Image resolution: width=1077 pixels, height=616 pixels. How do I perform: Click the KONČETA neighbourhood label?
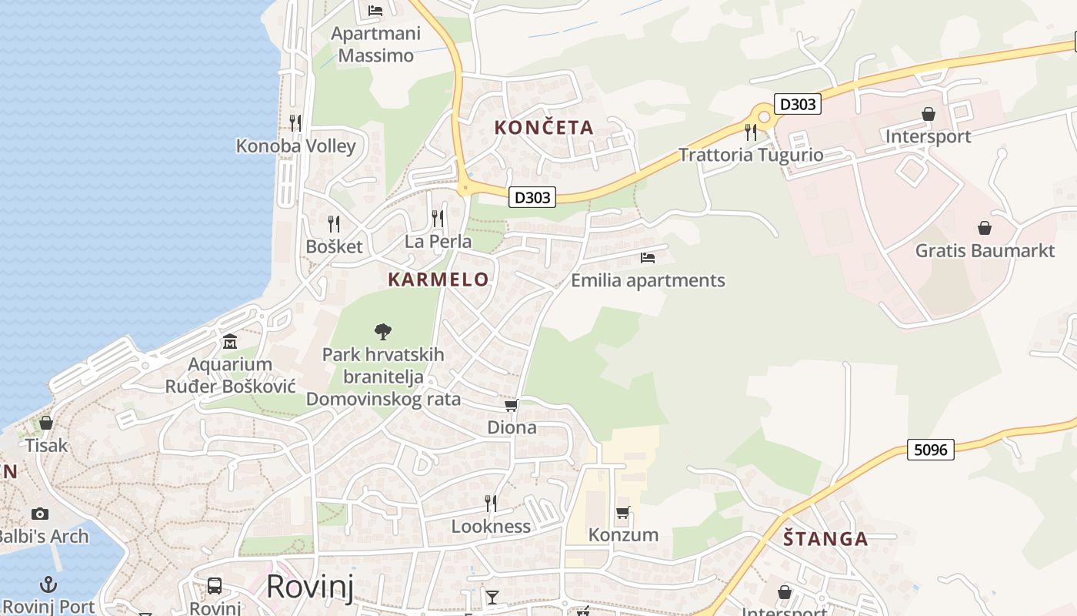click(544, 128)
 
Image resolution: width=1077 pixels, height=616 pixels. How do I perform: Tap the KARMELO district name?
click(438, 280)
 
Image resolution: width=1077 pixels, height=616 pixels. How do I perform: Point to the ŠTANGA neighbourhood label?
click(825, 539)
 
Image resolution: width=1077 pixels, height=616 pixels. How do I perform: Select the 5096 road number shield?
click(931, 449)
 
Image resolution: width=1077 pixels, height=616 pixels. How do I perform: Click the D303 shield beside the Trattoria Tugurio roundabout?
click(797, 104)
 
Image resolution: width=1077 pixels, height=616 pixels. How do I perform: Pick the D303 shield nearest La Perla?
click(532, 197)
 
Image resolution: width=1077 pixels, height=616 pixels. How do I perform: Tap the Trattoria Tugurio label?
click(751, 155)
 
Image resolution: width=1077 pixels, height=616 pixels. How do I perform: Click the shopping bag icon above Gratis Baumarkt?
click(984, 228)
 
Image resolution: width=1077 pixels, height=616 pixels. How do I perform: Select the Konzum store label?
click(623, 534)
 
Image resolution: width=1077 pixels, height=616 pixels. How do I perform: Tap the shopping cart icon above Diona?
click(511, 405)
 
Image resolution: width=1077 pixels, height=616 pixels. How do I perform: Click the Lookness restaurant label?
click(491, 527)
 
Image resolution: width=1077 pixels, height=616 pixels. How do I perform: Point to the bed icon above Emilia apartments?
click(648, 257)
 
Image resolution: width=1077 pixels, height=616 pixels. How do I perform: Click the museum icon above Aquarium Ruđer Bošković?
click(229, 341)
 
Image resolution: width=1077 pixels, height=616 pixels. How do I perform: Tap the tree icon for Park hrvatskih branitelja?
click(382, 332)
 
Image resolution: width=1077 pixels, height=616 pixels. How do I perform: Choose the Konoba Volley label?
click(295, 146)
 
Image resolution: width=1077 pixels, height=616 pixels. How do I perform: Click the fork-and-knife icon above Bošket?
click(334, 223)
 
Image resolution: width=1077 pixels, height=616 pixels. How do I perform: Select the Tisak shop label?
click(46, 446)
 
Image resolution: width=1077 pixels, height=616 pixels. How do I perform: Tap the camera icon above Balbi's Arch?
click(40, 514)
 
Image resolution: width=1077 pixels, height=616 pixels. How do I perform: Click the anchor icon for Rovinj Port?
click(48, 584)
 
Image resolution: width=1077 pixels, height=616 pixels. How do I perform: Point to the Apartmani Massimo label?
click(375, 45)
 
